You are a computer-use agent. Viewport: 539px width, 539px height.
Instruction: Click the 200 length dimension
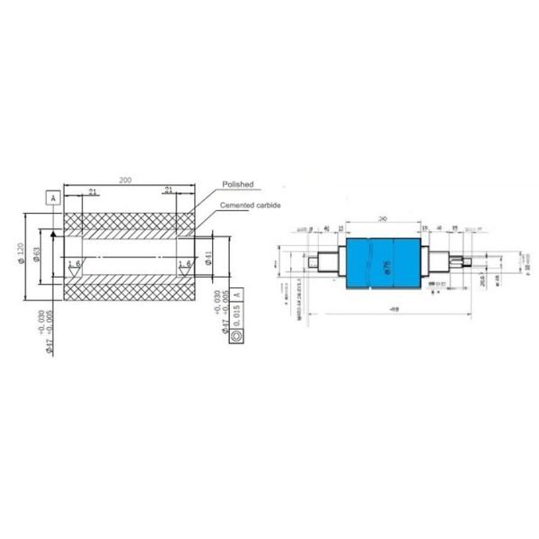(x=125, y=181)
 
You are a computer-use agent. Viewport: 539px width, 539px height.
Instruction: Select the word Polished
(x=237, y=184)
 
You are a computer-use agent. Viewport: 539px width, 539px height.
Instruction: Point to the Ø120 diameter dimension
(x=21, y=254)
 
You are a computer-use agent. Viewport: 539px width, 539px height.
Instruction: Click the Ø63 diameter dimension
(x=38, y=256)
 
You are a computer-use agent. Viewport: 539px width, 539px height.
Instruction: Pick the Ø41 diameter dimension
(x=208, y=259)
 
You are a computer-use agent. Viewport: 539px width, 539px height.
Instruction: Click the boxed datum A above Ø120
(x=53, y=197)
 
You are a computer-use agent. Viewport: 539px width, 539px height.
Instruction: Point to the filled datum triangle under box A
(x=54, y=234)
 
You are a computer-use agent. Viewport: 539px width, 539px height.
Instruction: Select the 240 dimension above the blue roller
(x=383, y=218)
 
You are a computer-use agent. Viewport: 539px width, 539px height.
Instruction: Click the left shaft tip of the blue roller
(x=313, y=263)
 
